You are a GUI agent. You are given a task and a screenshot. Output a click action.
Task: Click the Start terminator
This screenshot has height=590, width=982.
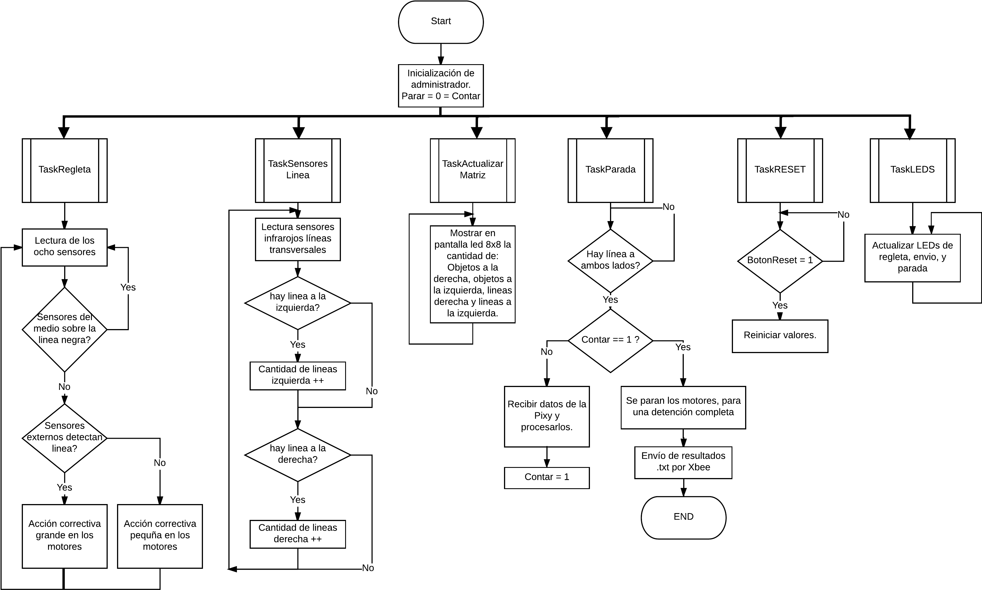[x=441, y=22]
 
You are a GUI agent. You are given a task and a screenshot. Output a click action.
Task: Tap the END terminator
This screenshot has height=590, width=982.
[x=683, y=517]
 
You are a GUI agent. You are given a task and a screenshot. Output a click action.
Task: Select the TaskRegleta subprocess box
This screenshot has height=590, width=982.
[x=64, y=170]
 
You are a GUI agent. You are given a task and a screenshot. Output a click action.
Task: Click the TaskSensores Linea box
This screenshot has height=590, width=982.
[x=298, y=170]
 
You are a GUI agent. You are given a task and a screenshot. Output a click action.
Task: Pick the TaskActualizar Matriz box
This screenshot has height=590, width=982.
[x=473, y=170]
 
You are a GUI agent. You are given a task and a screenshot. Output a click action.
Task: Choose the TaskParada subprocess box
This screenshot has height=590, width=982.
[x=610, y=170]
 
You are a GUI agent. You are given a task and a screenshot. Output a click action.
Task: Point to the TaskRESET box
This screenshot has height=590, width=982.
[x=780, y=170]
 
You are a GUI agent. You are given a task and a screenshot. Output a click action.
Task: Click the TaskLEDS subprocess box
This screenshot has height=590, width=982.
[x=912, y=170]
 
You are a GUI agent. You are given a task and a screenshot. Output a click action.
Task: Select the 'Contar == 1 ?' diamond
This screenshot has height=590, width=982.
[x=610, y=340]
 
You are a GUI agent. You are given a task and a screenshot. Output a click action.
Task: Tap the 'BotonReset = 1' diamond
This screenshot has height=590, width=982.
[x=780, y=261]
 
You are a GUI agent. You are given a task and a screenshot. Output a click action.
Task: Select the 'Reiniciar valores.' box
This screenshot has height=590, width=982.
[x=780, y=336]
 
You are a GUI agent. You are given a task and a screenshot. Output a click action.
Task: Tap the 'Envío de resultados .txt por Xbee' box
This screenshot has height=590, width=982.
[x=683, y=462]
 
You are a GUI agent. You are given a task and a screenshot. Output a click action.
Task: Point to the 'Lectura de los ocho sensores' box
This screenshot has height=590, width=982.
[x=64, y=247]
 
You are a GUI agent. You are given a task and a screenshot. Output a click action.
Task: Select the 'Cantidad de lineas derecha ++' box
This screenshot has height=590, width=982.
[x=298, y=533]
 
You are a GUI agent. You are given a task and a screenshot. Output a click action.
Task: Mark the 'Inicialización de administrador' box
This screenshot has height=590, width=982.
[x=441, y=85]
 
